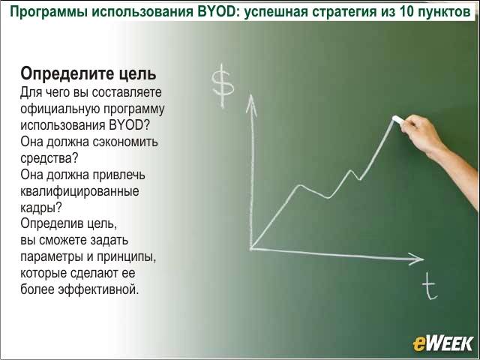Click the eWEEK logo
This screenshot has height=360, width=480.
tap(442, 343)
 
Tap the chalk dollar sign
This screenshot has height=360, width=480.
tap(223, 85)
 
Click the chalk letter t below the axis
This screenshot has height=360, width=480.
tap(430, 286)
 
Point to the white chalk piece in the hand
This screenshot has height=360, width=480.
tap(398, 120)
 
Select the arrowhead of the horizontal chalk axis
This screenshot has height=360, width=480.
tap(417, 259)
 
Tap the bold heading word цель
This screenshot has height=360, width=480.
tap(137, 73)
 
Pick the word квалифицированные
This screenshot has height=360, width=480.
tap(80, 192)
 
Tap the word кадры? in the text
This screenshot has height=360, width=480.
tap(41, 208)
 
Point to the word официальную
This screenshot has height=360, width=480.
tap(58, 109)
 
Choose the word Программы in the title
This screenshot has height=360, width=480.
tap(49, 12)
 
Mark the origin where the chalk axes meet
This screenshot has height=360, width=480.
tap(251, 248)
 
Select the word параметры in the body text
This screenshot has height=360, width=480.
tap(52, 257)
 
